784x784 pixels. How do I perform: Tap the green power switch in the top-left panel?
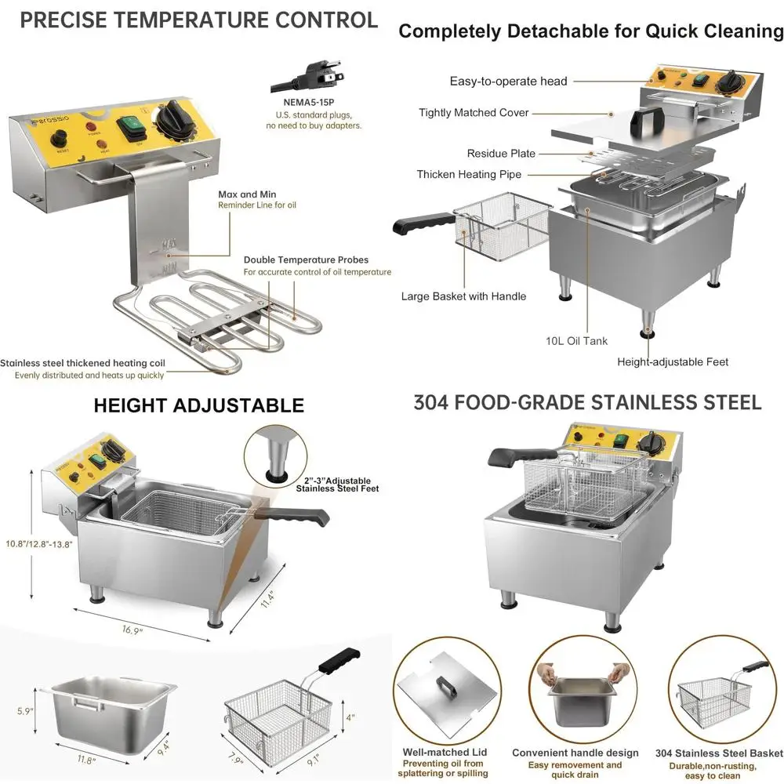[128, 127]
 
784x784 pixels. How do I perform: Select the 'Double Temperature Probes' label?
[306, 260]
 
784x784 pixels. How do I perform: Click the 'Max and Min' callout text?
[247, 194]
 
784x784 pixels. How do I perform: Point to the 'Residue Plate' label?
[501, 154]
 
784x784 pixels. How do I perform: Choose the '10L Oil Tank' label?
[577, 341]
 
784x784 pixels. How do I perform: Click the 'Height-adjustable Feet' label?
[673, 361]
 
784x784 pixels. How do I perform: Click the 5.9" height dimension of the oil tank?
[25, 711]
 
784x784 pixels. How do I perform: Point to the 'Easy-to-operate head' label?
[508, 81]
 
